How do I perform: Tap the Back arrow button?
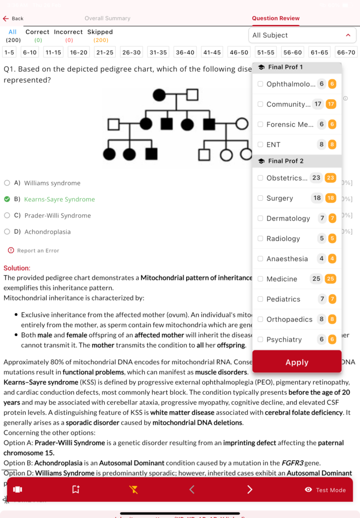(x=6, y=19)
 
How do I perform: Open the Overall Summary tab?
(x=107, y=18)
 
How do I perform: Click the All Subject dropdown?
(x=302, y=35)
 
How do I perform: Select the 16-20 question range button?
(x=79, y=52)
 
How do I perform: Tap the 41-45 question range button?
(x=212, y=52)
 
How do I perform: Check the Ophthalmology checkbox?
(x=260, y=84)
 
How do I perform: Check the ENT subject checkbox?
(x=260, y=145)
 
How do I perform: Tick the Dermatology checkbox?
(x=260, y=219)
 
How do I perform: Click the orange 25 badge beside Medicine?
(x=331, y=279)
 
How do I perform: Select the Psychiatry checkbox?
(x=260, y=339)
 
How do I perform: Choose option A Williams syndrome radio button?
(x=7, y=183)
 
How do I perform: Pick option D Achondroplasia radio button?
(x=7, y=232)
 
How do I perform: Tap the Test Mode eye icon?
(x=308, y=490)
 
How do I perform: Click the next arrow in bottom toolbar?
(x=250, y=489)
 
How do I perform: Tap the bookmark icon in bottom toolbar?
(x=76, y=489)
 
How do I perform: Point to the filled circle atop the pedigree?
(x=159, y=95)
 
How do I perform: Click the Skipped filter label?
(x=100, y=32)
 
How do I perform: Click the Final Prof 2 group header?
(x=286, y=161)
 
